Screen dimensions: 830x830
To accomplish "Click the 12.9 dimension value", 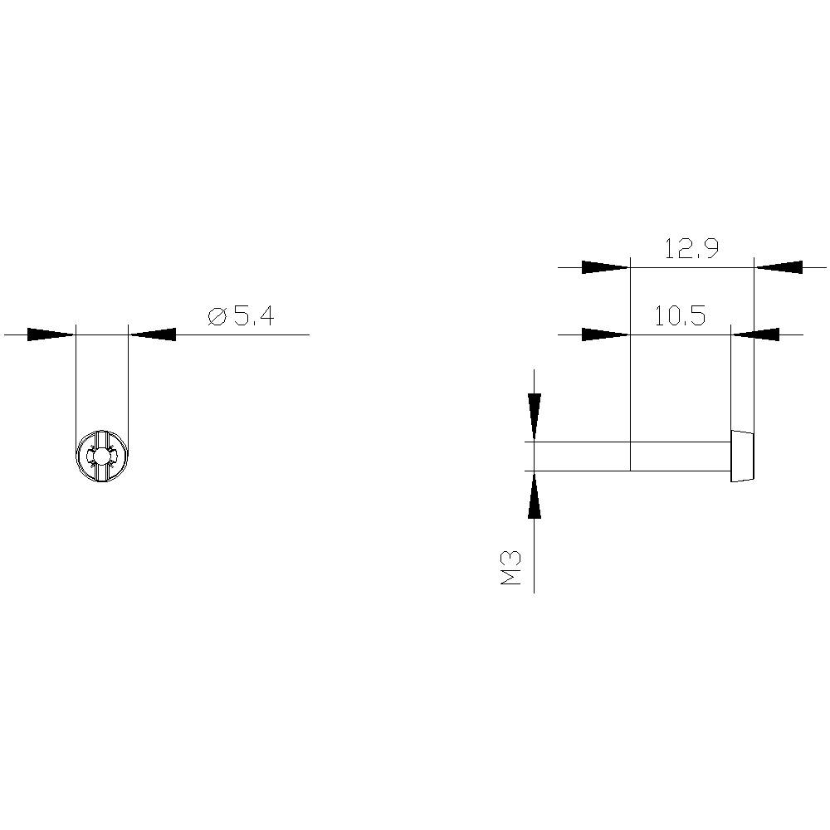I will click(691, 249).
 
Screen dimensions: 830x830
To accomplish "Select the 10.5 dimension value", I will click(680, 316).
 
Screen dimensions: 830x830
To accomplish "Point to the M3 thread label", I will click(511, 568).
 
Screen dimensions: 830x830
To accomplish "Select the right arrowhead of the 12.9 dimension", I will click(779, 267).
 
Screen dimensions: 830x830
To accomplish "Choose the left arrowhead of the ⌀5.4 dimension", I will click(51, 334).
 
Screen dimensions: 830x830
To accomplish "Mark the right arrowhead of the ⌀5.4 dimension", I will click(154, 334).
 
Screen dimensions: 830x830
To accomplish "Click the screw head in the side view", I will click(743, 456).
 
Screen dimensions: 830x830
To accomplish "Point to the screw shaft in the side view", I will click(631, 456).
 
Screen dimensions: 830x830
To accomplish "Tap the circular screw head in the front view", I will click(102, 456).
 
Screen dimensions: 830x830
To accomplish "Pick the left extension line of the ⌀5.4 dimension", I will click(76, 382).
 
